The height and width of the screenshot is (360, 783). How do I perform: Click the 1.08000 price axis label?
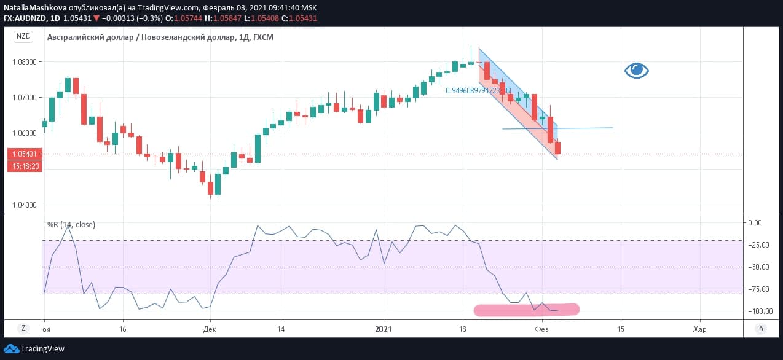[24, 62]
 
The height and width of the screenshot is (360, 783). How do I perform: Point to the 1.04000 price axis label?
[24, 205]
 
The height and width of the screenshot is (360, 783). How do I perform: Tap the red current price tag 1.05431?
[25, 154]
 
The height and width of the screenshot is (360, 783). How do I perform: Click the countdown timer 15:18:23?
[25, 166]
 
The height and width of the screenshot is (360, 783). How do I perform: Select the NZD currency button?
[23, 36]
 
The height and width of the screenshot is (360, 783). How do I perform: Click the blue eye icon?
[637, 70]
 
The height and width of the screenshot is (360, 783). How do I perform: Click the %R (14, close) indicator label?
[71, 225]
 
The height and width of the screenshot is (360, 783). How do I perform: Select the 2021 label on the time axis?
[384, 329]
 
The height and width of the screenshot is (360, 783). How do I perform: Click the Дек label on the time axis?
[210, 329]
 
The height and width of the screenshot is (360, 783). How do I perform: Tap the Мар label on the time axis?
[699, 329]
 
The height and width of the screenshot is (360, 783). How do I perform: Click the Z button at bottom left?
[23, 328]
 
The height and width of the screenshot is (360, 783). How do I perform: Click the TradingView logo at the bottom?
[34, 349]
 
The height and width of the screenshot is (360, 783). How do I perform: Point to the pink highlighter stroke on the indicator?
[526, 310]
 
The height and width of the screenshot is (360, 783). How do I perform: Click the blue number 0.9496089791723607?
[478, 91]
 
